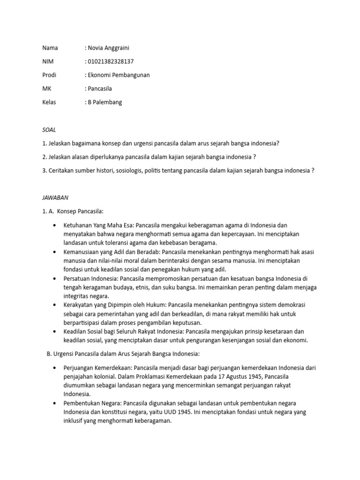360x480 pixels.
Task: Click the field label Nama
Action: coord(50,48)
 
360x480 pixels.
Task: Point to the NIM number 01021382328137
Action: coord(109,61)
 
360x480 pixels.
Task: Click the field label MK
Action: coord(46,89)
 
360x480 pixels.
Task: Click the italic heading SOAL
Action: coord(49,130)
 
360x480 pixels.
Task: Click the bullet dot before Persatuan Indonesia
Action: coord(56,278)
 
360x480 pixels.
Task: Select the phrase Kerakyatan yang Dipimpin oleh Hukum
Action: coord(115,305)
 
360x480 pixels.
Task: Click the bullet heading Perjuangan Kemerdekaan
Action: coord(97,367)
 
